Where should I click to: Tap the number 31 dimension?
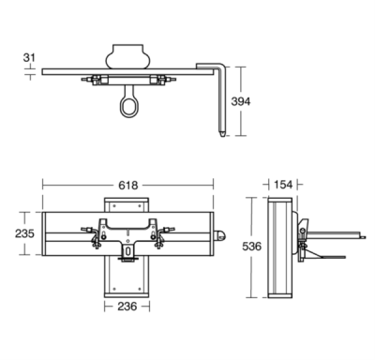pos(29,58)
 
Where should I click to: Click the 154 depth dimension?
pos(281,186)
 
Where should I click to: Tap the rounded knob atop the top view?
pos(127,52)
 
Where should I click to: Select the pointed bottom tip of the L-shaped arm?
pos(222,134)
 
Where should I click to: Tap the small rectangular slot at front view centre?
pos(127,252)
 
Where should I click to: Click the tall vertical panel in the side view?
pos(279,248)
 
